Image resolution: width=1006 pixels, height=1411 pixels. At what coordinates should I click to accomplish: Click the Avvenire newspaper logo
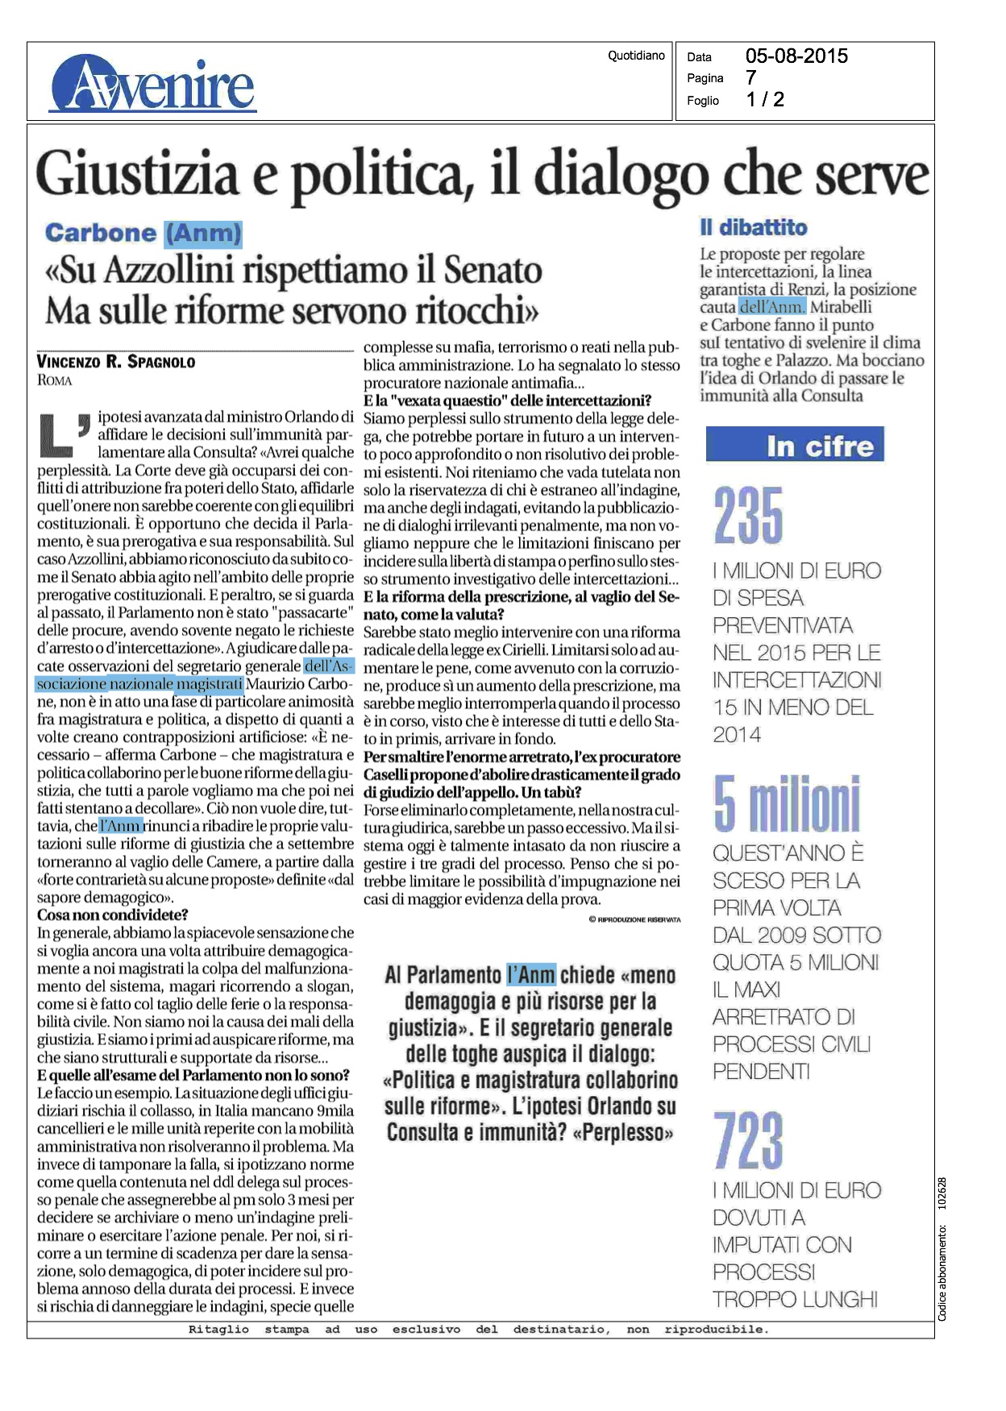(x=152, y=85)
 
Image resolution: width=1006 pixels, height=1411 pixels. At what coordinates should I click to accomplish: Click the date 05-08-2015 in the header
(x=796, y=56)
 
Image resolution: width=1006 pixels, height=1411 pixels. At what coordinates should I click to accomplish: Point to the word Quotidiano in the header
(x=636, y=56)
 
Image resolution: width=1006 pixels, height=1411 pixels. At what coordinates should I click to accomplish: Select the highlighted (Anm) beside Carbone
(x=203, y=234)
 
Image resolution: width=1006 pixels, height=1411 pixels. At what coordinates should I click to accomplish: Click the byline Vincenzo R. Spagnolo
(x=116, y=362)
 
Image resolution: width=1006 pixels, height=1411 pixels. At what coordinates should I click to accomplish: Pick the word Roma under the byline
(x=55, y=380)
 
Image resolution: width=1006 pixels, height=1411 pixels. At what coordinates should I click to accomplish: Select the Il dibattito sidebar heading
(x=753, y=228)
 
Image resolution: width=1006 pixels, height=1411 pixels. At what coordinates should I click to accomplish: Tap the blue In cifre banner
(x=795, y=445)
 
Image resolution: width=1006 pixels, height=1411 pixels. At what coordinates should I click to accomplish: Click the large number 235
(x=748, y=517)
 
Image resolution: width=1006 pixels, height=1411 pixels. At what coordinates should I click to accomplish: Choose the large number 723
(x=748, y=1139)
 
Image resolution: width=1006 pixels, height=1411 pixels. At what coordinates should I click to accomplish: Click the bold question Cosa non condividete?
(x=113, y=915)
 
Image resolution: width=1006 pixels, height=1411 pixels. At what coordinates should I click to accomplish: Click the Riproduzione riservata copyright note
(x=634, y=919)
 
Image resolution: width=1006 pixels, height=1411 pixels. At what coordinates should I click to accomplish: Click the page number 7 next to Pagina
(x=750, y=78)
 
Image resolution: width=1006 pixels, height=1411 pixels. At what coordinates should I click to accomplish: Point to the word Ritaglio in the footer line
(x=218, y=1330)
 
